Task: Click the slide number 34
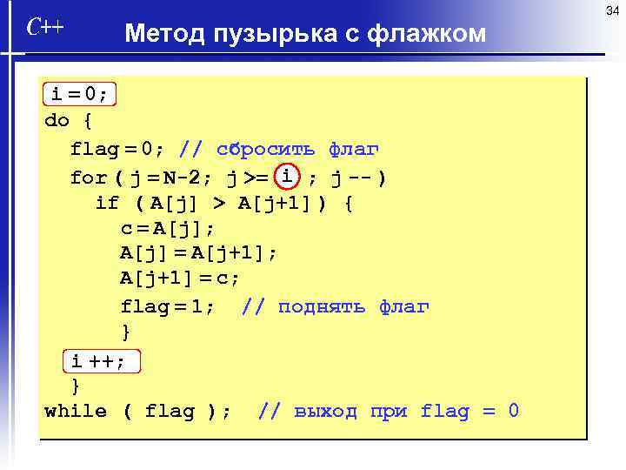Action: coord(611,10)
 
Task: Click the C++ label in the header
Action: coord(44,28)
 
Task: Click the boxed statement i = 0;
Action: coord(79,93)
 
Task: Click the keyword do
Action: coord(57,121)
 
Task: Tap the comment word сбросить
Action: coord(265,149)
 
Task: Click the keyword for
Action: coord(88,178)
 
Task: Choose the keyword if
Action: coord(107,205)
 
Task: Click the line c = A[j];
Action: coord(168,229)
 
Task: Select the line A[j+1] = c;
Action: coord(180,279)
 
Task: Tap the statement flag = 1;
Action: coord(168,306)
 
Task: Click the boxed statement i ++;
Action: coord(98,360)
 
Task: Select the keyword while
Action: coord(76,411)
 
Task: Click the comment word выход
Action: coord(325,411)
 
